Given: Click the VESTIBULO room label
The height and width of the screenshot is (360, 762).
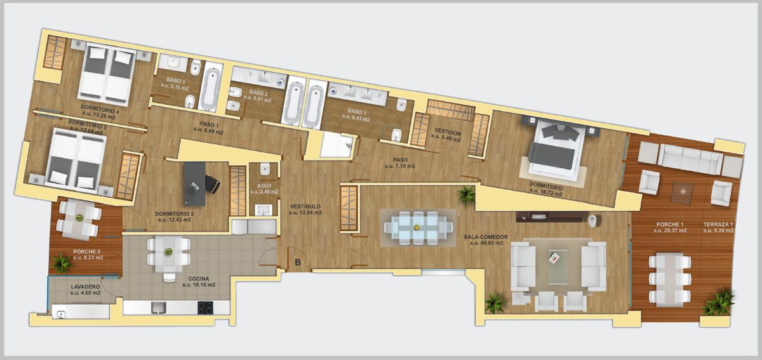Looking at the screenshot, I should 305,207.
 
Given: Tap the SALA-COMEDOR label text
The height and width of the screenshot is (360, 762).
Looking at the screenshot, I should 486,237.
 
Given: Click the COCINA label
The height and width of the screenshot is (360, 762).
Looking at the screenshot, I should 199,279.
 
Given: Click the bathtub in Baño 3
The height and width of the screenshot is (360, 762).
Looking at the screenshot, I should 209,86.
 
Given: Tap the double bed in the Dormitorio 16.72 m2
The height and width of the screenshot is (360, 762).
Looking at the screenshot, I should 557,150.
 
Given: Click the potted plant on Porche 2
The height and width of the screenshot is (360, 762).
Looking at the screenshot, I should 62,263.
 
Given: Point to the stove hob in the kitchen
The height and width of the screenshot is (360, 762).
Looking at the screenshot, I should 205,308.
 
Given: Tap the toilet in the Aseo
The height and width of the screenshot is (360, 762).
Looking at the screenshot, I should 266,169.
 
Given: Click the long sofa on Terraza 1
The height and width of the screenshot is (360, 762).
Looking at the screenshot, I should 689,159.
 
